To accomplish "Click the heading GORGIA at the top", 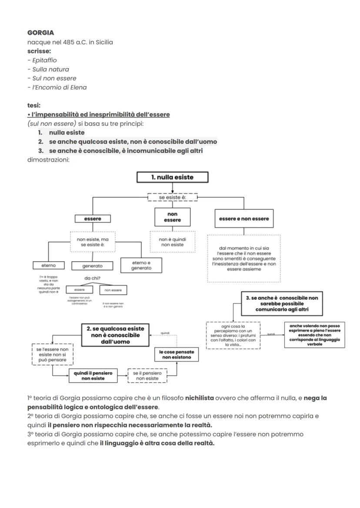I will click(x=40, y=33).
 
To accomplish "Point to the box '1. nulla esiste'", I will click(x=172, y=177).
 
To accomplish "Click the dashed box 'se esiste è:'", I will click(x=172, y=197).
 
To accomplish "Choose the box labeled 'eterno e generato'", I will click(x=141, y=266).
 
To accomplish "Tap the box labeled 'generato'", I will click(x=92, y=266).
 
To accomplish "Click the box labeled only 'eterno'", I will click(x=48, y=265).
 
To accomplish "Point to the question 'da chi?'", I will click(x=92, y=279).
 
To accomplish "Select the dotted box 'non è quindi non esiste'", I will click(x=172, y=242).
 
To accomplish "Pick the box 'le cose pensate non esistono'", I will click(x=177, y=354).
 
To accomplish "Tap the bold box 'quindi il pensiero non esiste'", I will click(x=93, y=375).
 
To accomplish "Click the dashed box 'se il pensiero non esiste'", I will click(x=147, y=375).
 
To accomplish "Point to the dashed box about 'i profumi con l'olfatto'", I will click(x=233, y=335).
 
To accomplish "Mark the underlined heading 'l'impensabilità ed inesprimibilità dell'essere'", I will click(x=99, y=114).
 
